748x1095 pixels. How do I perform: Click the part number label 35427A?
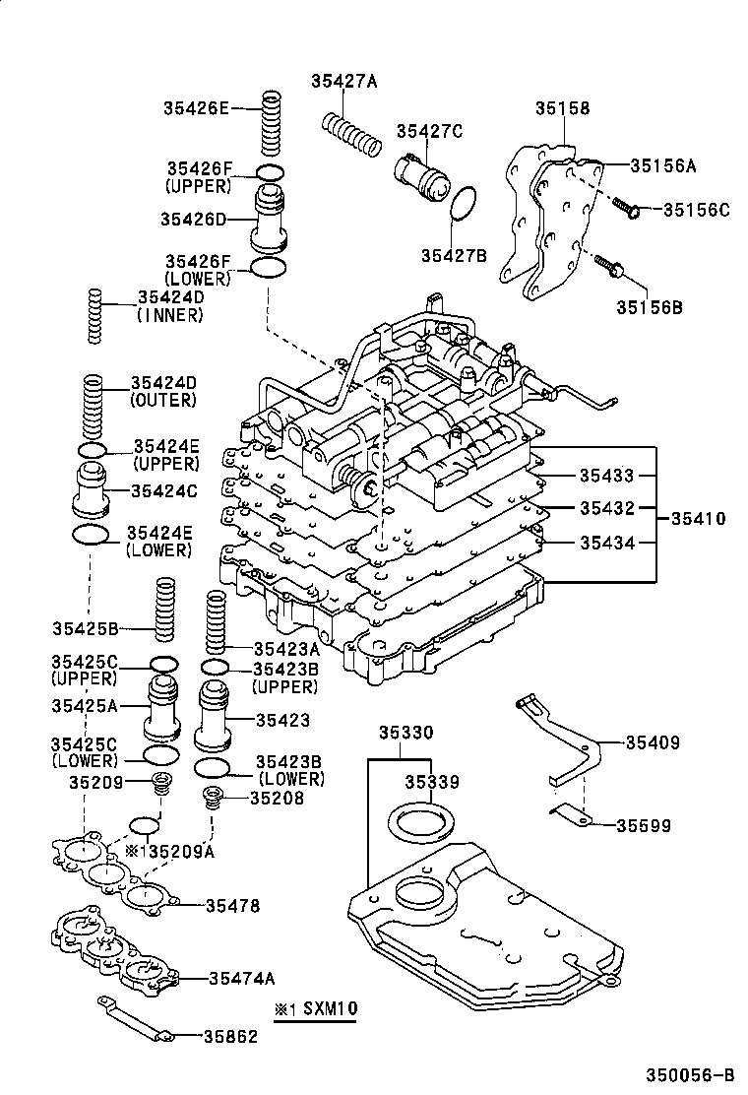click(x=344, y=82)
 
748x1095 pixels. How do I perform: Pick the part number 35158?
click(x=562, y=108)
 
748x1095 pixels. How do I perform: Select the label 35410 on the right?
click(x=698, y=518)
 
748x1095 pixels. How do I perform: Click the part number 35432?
click(x=606, y=508)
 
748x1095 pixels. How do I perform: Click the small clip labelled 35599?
click(x=567, y=813)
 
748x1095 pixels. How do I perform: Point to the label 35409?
click(x=653, y=742)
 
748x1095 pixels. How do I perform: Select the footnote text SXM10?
click(x=329, y=1009)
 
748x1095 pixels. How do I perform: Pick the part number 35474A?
click(x=241, y=978)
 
